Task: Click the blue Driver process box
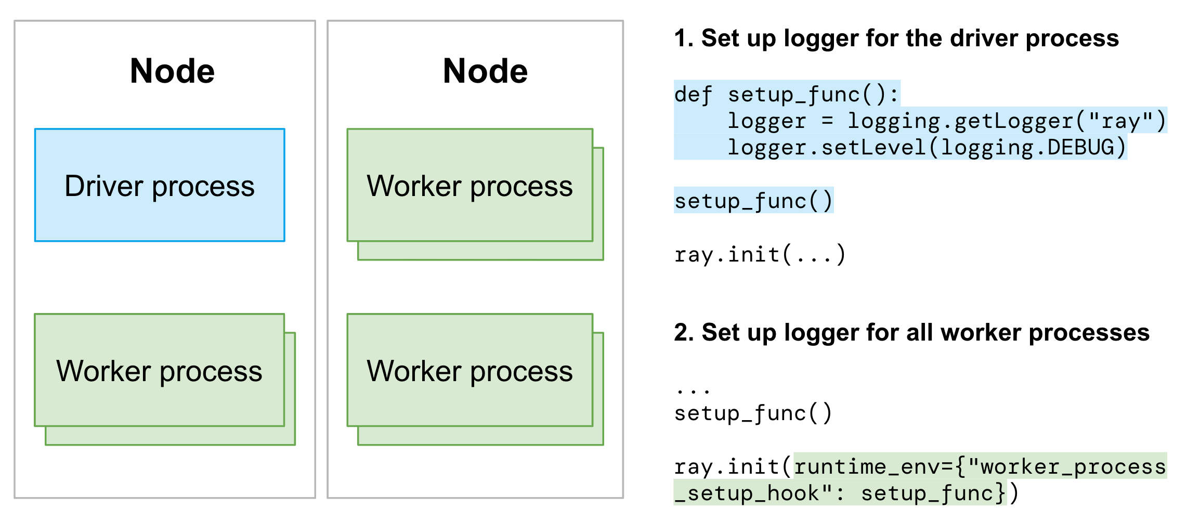(160, 185)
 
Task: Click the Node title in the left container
(172, 71)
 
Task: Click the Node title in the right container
(485, 71)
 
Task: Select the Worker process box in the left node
(159, 370)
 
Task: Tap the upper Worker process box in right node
(469, 185)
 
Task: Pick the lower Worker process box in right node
(469, 370)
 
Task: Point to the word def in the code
(693, 95)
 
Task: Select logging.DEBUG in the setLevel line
(1027, 148)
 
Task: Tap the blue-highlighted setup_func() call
(753, 201)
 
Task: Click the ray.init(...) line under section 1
(759, 255)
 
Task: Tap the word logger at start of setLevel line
(766, 148)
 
